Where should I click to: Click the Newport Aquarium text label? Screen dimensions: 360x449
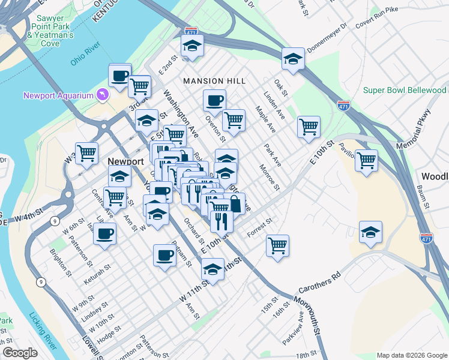(58, 95)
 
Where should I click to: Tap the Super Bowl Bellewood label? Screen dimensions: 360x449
(405, 90)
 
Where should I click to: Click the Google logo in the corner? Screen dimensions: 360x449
(20, 353)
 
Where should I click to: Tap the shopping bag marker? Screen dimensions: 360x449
(235, 203)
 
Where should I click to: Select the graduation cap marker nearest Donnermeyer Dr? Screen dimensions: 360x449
(293, 58)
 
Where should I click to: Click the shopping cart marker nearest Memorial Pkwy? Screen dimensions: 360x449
(366, 160)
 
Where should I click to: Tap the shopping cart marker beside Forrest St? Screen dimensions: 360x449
(277, 244)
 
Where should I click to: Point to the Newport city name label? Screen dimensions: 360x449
(125, 161)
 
